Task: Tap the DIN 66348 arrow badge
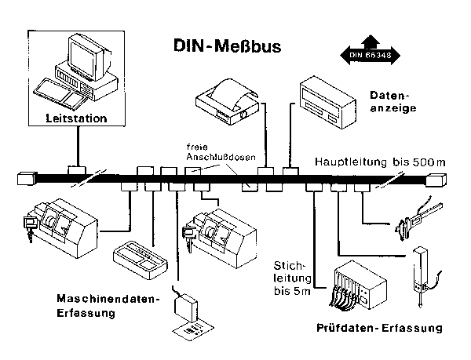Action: (x=368, y=53)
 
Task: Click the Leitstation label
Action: (x=76, y=118)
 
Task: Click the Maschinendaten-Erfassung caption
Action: (x=108, y=306)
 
